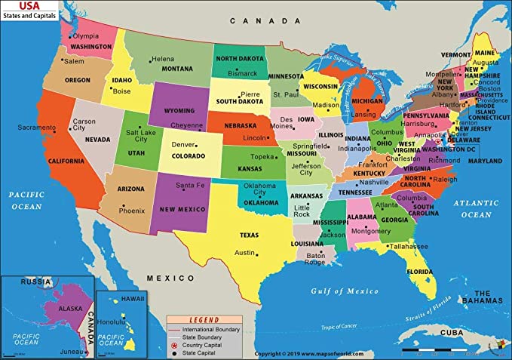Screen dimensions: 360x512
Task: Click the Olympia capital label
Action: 85,36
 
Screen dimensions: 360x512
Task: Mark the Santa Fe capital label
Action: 190,185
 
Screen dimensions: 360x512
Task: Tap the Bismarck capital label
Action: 243,74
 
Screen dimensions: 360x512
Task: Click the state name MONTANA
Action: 178,69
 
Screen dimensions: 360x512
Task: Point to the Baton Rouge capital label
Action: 315,258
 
